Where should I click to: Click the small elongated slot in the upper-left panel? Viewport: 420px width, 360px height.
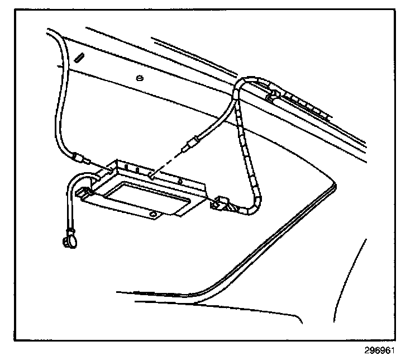click(80, 57)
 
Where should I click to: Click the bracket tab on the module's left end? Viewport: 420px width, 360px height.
click(85, 194)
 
